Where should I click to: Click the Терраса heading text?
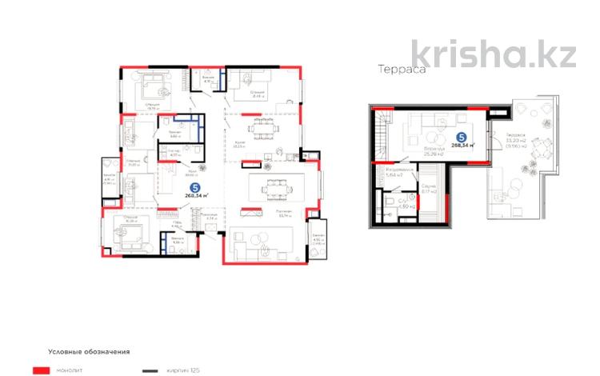[x=401, y=69]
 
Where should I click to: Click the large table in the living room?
[x=270, y=189]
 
